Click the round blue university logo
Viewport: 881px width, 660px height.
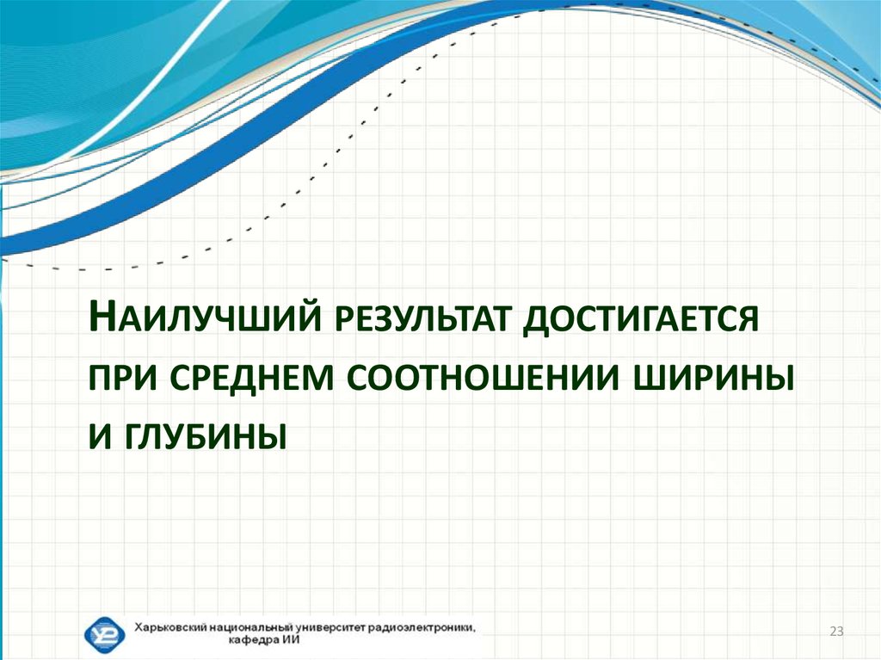(x=104, y=634)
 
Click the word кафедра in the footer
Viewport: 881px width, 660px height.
(x=252, y=641)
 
